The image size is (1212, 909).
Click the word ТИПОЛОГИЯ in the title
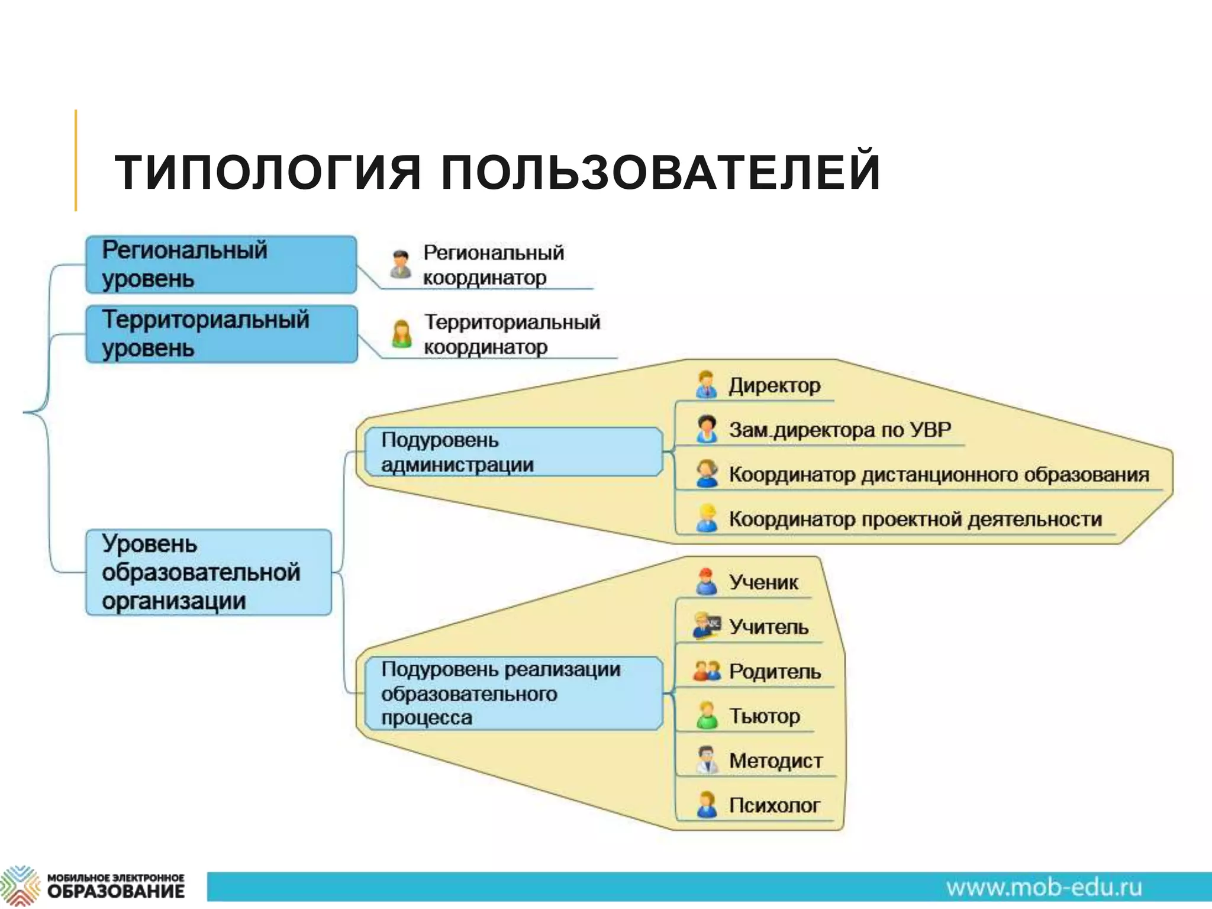coord(267,172)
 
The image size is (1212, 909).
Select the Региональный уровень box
coord(221,265)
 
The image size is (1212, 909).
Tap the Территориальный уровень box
coord(221,334)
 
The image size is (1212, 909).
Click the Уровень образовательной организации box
coord(208,572)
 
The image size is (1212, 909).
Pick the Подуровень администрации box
coord(512,452)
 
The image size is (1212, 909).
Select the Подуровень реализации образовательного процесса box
coord(512,693)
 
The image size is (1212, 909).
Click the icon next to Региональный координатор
coord(401,264)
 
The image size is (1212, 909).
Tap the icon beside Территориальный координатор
coord(401,334)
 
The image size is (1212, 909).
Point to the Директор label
coord(774,385)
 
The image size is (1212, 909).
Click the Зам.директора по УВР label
coord(839,430)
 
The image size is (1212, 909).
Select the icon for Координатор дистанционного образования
coord(707,473)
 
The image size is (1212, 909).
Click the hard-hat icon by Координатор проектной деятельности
coord(707,518)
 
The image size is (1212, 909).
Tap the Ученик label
coord(763,582)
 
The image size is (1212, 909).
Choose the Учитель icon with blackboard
coord(707,626)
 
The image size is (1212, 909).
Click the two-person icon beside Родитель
coord(707,671)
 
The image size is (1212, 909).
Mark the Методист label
coord(775,760)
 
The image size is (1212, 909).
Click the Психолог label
coord(773,805)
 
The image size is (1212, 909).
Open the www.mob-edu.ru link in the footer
coord(1043,888)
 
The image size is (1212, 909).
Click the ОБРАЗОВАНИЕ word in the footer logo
coord(116,891)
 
